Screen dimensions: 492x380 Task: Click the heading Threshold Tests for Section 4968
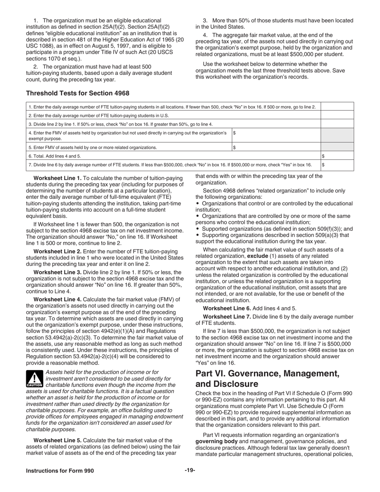pyautogui.click(x=78, y=93)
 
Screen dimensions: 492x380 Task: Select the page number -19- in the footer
pyautogui.click(x=190, y=470)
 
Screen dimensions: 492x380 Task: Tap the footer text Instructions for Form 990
pyautogui.click(x=60, y=471)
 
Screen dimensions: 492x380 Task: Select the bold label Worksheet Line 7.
pyautogui.click(x=227, y=317)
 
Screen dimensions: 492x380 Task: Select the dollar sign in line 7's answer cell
pyautogui.click(x=324, y=165)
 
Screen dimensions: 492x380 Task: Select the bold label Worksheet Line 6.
pyautogui.click(x=227, y=308)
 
